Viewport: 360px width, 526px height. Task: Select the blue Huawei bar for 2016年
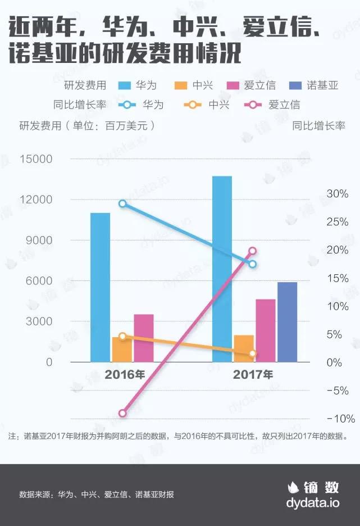100,287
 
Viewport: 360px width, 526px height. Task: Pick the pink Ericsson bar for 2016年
144,338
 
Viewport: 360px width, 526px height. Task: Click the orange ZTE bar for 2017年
243,349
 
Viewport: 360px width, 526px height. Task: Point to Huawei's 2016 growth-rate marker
122,203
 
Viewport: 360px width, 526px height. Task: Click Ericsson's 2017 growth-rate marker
252,251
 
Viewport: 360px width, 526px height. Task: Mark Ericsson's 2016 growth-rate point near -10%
122,413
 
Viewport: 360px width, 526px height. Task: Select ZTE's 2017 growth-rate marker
252,353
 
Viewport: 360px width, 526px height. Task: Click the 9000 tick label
40,241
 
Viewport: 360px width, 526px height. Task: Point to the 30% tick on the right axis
338,194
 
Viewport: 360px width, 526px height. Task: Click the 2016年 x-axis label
124,374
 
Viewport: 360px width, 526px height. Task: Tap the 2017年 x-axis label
253,374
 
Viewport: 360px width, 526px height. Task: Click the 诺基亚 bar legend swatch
295,85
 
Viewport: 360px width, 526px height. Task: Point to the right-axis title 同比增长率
318,126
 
